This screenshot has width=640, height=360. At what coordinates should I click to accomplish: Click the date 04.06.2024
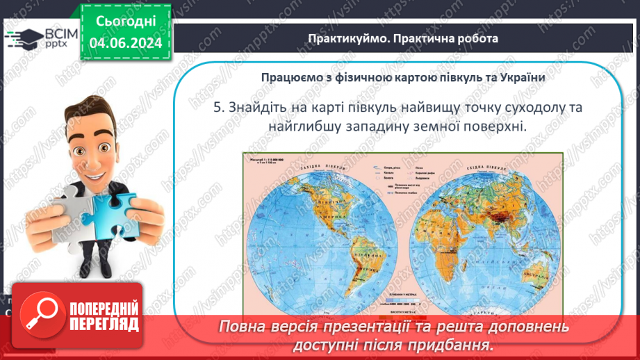point(126,44)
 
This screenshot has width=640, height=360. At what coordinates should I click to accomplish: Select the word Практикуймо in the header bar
point(343,38)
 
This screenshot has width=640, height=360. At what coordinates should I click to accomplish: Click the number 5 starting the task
point(216,108)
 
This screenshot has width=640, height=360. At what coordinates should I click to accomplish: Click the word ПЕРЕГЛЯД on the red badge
point(104,325)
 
